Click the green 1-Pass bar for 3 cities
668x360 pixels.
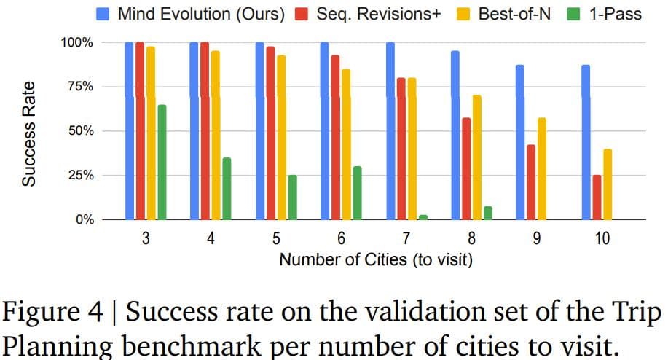coord(162,162)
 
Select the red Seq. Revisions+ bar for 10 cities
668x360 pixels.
coord(597,197)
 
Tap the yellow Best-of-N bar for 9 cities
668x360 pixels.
coord(542,168)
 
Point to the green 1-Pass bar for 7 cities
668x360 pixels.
coord(423,217)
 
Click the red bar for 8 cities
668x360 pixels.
coord(466,168)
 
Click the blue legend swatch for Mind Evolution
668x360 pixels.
coord(104,14)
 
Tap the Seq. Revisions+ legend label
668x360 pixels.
coord(379,14)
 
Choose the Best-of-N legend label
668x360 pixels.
coord(514,14)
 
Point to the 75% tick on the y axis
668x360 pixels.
coord(79,87)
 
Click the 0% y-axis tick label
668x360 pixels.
coord(82,219)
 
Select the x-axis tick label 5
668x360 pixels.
coord(276,238)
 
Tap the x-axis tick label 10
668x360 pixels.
coord(602,238)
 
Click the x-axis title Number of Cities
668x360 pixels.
coord(376,259)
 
